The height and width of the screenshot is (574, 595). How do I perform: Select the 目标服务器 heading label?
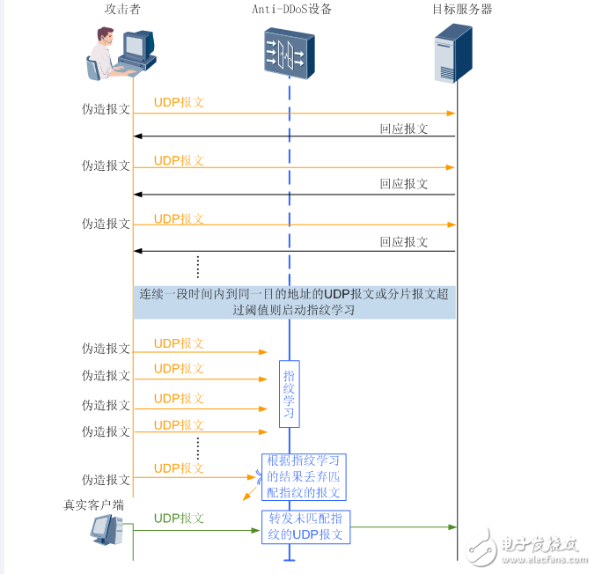click(x=462, y=10)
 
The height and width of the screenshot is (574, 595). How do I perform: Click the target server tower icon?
click(x=453, y=54)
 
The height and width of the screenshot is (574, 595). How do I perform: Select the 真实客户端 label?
click(x=93, y=505)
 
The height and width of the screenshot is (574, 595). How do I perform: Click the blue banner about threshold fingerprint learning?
click(x=294, y=302)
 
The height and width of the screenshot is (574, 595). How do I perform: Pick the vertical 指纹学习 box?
click(x=289, y=394)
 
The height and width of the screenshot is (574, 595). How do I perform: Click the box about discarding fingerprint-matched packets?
click(x=304, y=477)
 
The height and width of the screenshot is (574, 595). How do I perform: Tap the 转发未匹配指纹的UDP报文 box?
click(x=305, y=526)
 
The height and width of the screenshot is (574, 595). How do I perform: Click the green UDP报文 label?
click(x=179, y=519)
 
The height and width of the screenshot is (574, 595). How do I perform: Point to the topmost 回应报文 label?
click(x=403, y=129)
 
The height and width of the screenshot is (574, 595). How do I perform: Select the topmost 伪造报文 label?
click(x=106, y=109)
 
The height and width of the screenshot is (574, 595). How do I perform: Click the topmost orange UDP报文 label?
click(x=179, y=102)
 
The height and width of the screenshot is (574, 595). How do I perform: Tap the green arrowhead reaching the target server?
click(x=452, y=527)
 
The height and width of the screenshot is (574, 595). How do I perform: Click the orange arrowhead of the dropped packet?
click(x=246, y=497)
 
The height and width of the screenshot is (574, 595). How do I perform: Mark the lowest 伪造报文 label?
click(x=106, y=480)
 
